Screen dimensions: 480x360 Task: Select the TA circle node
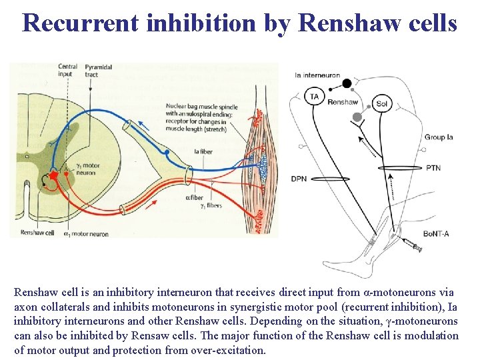click(x=314, y=97)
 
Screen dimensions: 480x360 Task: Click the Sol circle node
click(x=381, y=103)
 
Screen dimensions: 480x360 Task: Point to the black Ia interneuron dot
click(x=347, y=83)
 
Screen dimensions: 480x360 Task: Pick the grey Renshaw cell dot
click(x=357, y=117)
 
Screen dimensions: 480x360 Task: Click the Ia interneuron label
click(x=317, y=75)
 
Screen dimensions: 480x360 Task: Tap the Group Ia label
click(x=438, y=137)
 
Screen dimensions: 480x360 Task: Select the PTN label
click(x=433, y=168)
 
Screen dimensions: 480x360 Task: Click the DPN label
click(x=299, y=179)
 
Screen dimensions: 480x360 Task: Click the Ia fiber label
click(x=203, y=152)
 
